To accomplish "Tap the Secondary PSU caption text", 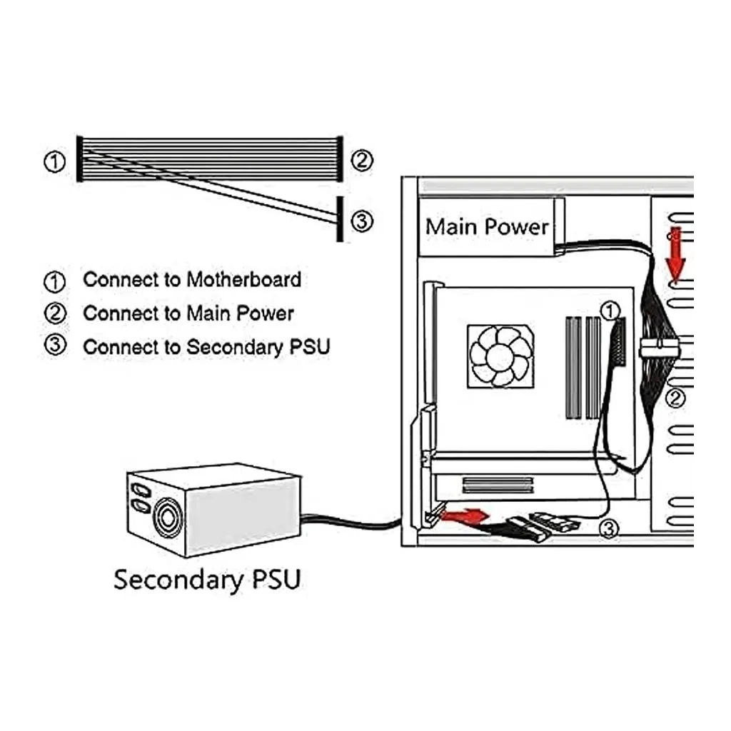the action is (208, 580).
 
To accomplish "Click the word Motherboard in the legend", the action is (244, 280).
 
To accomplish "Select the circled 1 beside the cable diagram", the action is (54, 162).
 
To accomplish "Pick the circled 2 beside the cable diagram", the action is (362, 161).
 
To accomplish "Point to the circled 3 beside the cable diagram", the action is (362, 221).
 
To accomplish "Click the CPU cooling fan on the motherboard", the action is (500, 357).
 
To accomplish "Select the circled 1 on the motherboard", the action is (610, 311).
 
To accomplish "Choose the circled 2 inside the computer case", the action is (675, 398).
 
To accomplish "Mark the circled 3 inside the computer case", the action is (609, 529).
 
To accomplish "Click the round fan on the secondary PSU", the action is (167, 518).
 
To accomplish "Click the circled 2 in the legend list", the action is (55, 313).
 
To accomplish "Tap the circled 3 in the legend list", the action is (55, 346).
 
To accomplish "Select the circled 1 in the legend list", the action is (54, 281).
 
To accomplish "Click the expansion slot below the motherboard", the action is (498, 485).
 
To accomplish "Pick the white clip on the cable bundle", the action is (658, 348).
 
